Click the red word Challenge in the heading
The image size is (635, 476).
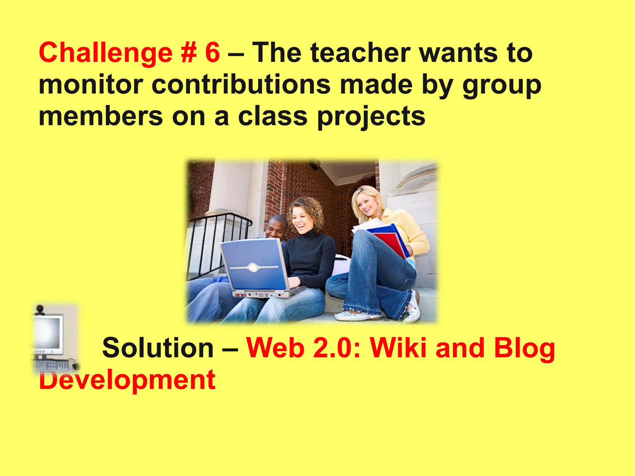click(105, 53)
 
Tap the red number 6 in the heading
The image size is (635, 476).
click(212, 53)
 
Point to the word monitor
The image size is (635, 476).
click(91, 85)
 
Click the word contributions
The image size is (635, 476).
click(241, 85)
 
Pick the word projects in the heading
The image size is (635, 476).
click(371, 117)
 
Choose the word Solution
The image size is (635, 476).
click(158, 348)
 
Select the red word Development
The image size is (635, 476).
click(127, 380)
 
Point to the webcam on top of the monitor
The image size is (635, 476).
click(40, 309)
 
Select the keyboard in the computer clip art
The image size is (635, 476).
click(51, 365)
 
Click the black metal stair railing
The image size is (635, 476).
click(217, 242)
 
